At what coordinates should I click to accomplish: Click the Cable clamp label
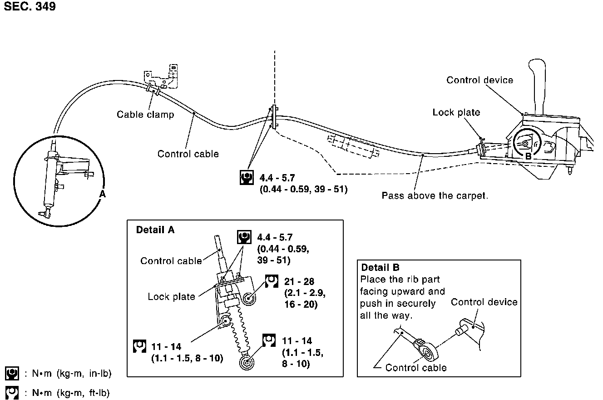click(145, 115)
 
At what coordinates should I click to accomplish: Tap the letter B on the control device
click(528, 155)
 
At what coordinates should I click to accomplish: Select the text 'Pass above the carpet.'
click(435, 196)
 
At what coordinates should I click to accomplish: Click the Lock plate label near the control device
click(456, 112)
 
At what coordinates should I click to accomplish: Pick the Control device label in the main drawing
click(479, 80)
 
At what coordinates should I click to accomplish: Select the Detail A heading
click(155, 230)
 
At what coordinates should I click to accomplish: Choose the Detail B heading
click(381, 268)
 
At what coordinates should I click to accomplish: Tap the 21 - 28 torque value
click(299, 282)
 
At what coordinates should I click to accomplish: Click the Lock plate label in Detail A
click(171, 297)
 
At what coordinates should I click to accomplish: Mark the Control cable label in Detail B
click(416, 368)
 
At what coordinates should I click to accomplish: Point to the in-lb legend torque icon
click(12, 374)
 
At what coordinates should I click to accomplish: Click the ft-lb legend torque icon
click(12, 393)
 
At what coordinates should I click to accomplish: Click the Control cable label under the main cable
click(188, 154)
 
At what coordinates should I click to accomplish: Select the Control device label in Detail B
click(484, 302)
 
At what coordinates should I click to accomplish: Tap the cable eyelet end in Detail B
click(427, 352)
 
